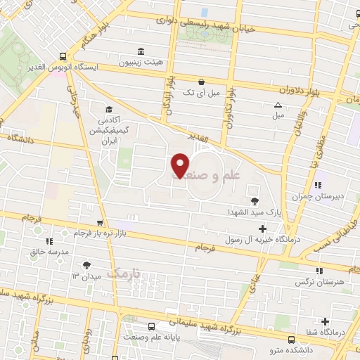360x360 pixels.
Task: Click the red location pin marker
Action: [x=180, y=165]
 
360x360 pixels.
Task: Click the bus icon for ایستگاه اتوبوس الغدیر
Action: [x=64, y=56]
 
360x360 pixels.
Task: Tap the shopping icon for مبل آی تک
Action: [x=202, y=82]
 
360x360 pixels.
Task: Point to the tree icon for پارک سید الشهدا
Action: [x=264, y=202]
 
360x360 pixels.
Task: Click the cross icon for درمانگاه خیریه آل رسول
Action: [x=263, y=228]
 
